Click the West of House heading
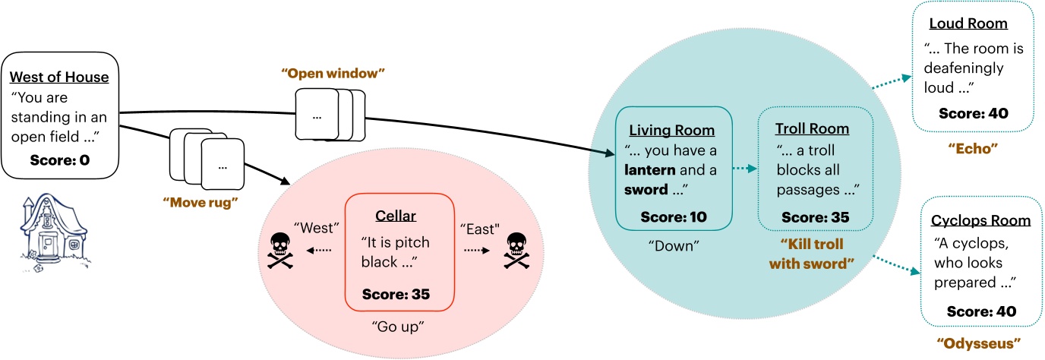tap(59, 77)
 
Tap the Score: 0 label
tap(59, 161)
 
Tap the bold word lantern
tap(650, 171)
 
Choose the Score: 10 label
tap(673, 217)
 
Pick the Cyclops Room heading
tap(980, 221)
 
